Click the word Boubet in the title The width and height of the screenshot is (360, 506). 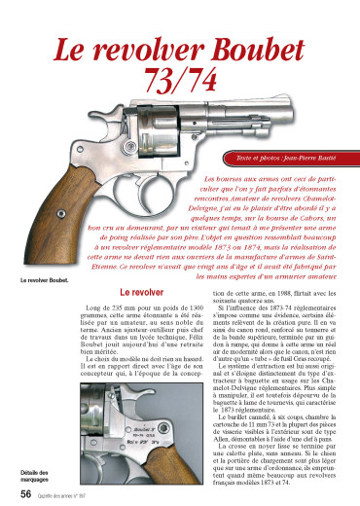click(255, 47)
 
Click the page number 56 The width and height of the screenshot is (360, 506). click(17, 493)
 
